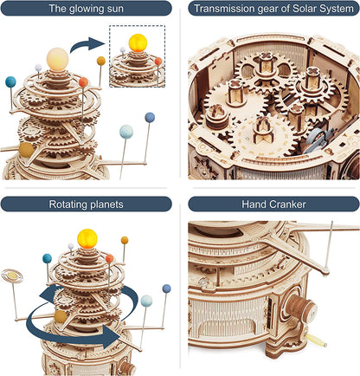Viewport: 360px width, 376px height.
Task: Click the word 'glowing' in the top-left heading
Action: coord(86,10)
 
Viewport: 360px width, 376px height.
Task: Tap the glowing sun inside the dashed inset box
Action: coord(137,43)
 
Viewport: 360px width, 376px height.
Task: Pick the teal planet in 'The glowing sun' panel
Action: coord(11,81)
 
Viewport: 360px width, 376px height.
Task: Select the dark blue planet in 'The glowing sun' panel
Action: coord(150,117)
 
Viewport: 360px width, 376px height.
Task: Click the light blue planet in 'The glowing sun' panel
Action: coord(126,131)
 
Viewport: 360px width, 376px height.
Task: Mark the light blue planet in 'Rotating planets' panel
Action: coord(146,300)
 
